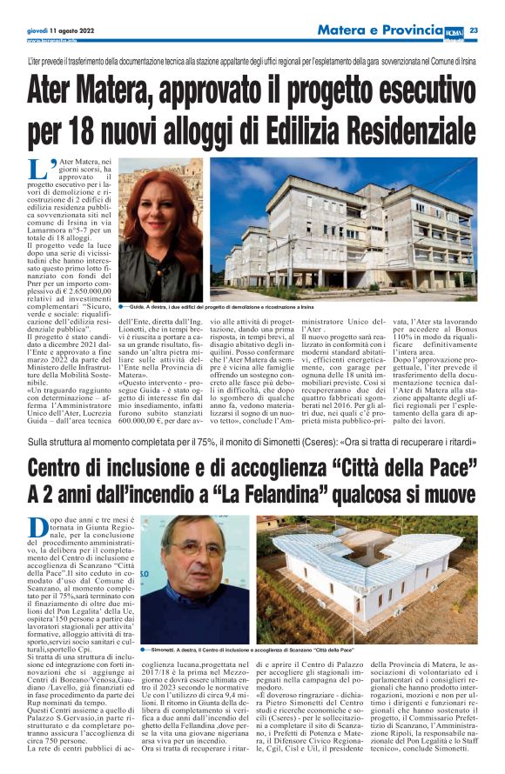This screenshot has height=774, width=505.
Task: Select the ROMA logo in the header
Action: [454, 30]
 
